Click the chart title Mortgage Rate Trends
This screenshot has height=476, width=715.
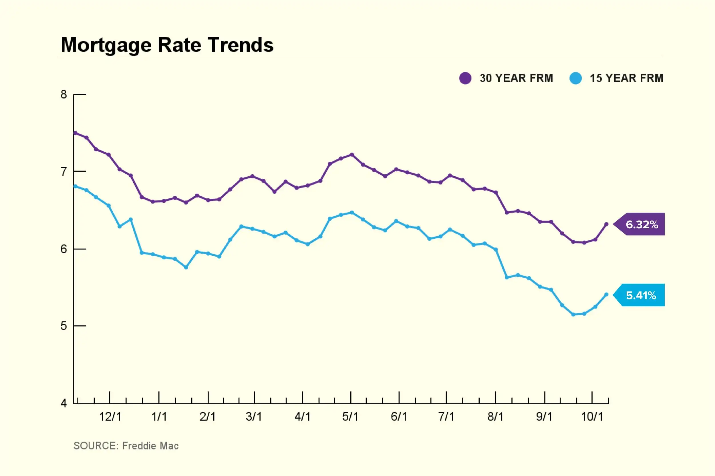(167, 45)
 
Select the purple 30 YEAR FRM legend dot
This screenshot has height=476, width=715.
(465, 78)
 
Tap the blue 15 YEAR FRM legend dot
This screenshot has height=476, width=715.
(575, 78)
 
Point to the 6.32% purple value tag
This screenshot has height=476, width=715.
(641, 224)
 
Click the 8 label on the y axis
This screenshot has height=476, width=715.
(63, 94)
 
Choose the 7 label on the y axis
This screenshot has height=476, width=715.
(63, 172)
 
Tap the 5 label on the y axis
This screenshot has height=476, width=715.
(63, 326)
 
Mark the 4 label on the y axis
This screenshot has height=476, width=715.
(63, 403)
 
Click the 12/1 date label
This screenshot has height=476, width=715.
(110, 417)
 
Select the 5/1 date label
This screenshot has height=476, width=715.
(350, 417)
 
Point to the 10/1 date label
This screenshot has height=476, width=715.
(592, 417)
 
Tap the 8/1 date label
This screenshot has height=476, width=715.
(495, 417)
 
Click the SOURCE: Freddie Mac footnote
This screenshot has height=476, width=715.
(126, 446)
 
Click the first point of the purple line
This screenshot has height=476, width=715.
(75, 133)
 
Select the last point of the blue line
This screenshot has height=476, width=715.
(607, 295)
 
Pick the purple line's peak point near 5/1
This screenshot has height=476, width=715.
(352, 155)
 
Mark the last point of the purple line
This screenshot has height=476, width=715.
(607, 224)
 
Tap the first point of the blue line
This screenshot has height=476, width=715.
(75, 186)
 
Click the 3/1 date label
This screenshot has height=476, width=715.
(254, 417)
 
